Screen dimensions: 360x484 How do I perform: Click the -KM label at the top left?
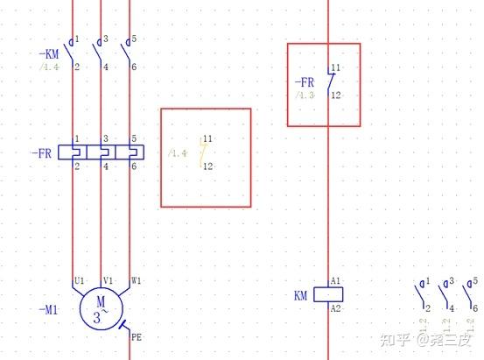48,54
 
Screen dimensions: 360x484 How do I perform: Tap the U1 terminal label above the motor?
79,281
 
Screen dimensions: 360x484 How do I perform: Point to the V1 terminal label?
109,281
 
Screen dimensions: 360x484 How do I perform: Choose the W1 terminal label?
137,281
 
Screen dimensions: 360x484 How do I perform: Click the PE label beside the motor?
136,336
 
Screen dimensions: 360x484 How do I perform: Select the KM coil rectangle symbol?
328,295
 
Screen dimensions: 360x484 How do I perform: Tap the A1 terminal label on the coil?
335,281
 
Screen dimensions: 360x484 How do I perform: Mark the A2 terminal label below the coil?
335,309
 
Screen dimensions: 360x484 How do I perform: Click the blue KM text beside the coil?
301,296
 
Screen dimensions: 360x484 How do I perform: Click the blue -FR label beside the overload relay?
42,153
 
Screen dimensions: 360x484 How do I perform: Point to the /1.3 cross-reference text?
305,95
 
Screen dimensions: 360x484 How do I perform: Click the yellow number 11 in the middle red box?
207,138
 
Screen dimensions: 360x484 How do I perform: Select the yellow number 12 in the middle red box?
207,166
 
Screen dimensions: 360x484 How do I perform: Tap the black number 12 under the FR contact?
335,95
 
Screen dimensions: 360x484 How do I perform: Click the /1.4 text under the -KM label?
49,67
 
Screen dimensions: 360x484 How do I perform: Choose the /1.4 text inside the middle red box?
179,153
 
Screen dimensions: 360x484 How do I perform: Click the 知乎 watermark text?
396,338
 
